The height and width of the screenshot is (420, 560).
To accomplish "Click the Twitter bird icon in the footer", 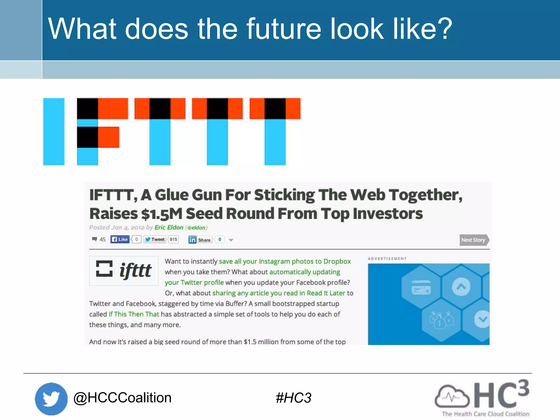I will point(51,399).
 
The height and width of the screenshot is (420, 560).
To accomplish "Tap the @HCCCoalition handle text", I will point(122,398).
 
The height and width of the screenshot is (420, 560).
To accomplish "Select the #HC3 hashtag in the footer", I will point(293,398).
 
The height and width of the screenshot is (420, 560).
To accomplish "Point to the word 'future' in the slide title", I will point(284,29).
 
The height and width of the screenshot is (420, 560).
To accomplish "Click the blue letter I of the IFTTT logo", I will point(54,132).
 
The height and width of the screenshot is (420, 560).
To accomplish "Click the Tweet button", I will point(155,240).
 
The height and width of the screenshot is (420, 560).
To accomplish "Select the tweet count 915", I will point(173,240).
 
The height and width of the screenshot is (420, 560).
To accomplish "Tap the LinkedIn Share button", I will point(200,240).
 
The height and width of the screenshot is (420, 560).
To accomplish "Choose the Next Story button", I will point(474,240).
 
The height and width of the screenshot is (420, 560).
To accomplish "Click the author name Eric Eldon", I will point(169,227).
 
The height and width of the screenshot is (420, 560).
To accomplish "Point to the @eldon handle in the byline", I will point(196,228).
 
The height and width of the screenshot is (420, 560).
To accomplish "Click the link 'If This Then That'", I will point(134,314).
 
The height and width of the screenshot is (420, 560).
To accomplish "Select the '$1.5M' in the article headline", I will point(162,214).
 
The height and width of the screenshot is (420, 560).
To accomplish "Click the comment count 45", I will point(102,240).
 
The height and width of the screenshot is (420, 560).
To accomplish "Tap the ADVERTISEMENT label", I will point(387,259).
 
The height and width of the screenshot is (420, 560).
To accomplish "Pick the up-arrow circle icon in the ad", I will point(461,287).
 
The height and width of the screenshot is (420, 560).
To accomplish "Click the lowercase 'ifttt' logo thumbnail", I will point(124,271).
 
